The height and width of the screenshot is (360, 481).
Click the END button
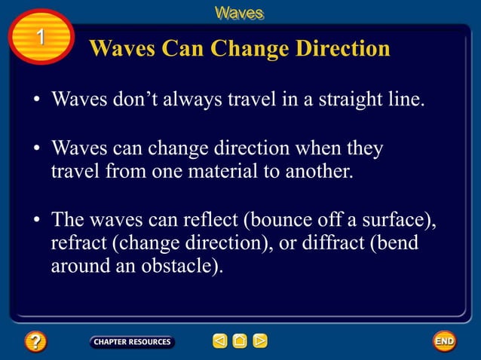(x=445, y=341)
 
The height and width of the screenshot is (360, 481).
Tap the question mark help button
(x=35, y=342)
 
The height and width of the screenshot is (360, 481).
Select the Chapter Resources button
(x=132, y=342)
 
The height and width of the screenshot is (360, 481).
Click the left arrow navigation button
(x=219, y=342)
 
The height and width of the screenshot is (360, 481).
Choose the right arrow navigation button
(x=259, y=342)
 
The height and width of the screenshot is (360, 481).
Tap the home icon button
(x=240, y=342)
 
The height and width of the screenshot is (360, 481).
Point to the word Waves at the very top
(x=239, y=13)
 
